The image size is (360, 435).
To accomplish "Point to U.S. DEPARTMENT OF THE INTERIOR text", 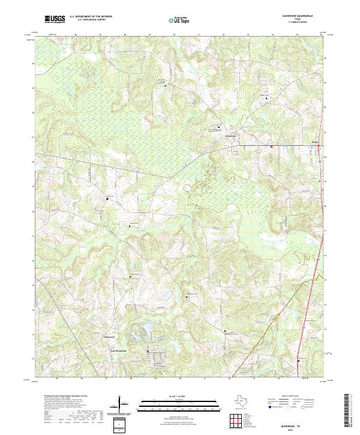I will point(91,16).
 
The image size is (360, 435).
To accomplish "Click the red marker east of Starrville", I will point(271,146).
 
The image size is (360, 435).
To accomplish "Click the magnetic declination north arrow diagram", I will point(122,406).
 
